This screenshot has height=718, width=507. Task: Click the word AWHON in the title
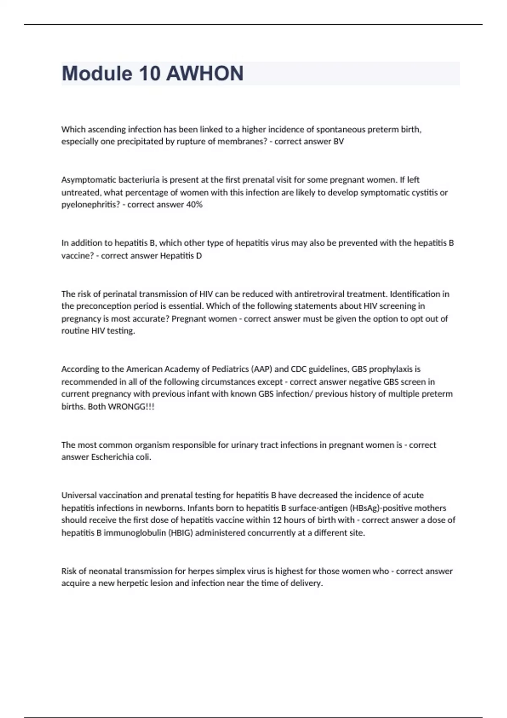pos(204,73)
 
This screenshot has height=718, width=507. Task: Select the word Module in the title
pos(97,73)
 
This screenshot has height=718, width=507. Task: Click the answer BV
pos(338,141)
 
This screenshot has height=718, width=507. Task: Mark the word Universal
pos(79,495)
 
